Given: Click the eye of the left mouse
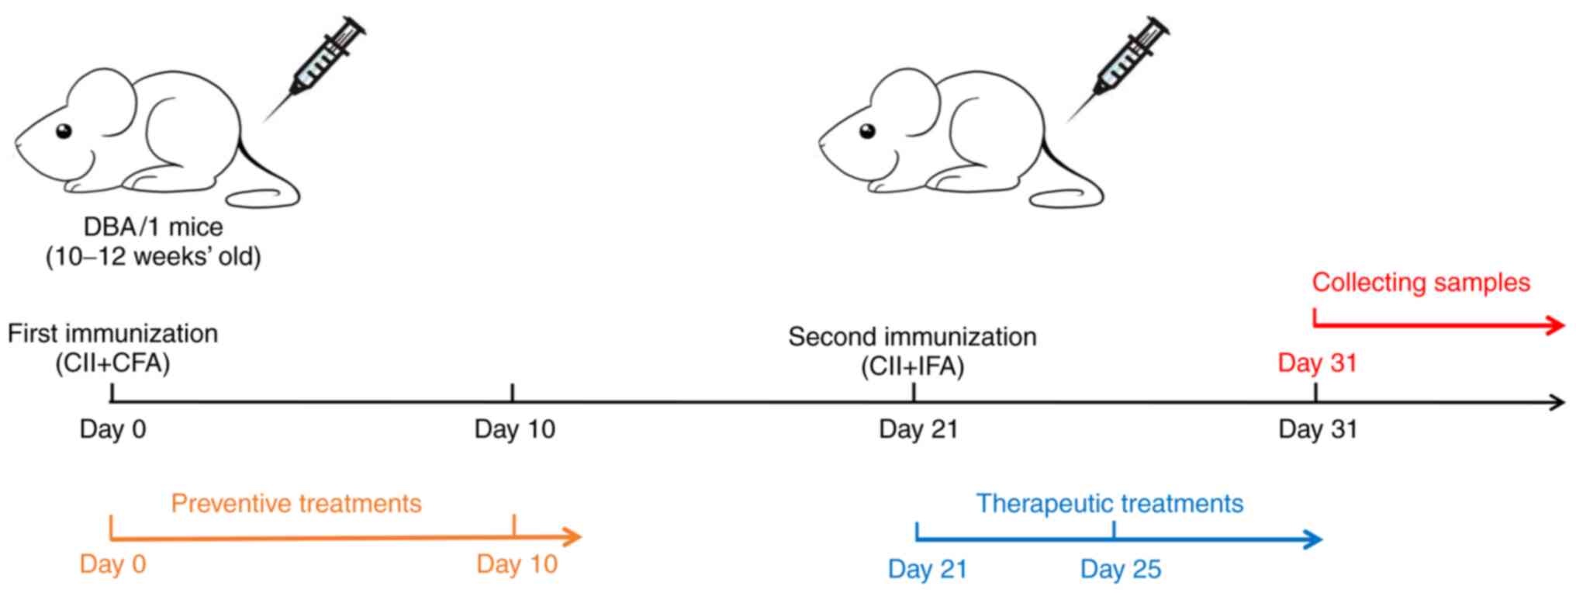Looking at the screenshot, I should (x=63, y=131).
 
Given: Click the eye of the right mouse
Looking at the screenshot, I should (x=867, y=130).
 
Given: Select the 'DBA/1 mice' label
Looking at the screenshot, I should (x=153, y=227).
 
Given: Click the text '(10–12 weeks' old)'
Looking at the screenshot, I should (x=153, y=256).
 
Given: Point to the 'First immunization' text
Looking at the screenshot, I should (x=112, y=334).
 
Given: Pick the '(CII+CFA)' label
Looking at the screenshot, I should (x=112, y=362).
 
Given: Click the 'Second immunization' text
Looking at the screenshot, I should (x=912, y=337).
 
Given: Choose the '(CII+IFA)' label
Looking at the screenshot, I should (x=912, y=366).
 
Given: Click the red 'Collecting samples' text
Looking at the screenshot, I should (x=1421, y=283).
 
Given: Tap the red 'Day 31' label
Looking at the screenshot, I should (x=1317, y=362).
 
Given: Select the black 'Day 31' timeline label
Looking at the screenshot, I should (x=1317, y=429).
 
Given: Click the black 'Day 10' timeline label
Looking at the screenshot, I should (x=514, y=429).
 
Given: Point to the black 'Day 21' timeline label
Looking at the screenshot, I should (x=918, y=429).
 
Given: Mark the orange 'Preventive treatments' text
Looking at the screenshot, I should (x=296, y=504).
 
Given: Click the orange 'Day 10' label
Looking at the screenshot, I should (x=517, y=564).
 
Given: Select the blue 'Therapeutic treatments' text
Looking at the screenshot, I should (x=1109, y=504).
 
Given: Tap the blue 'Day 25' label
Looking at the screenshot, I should (x=1120, y=570).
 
